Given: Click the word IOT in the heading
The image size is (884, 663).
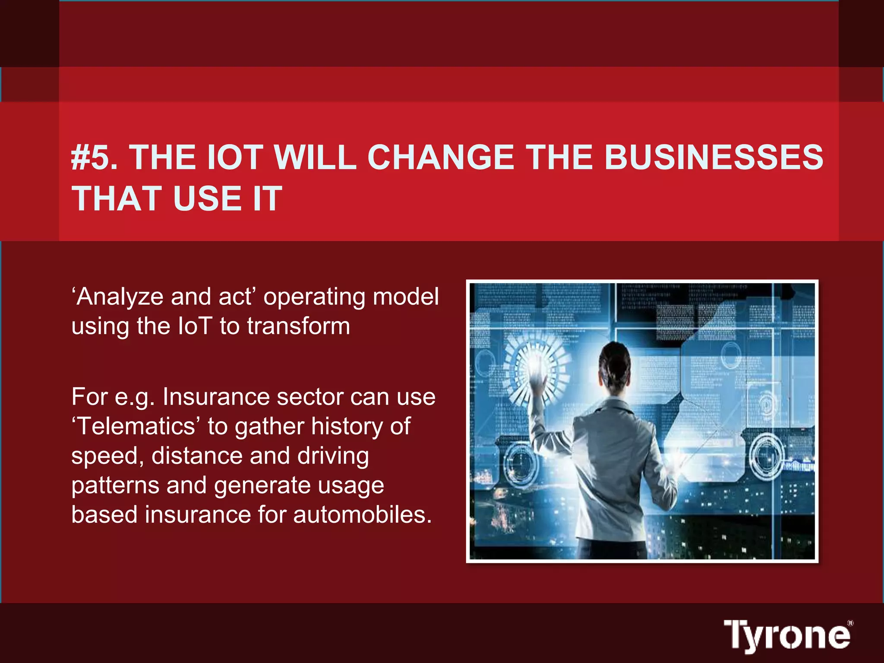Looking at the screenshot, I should [236, 157].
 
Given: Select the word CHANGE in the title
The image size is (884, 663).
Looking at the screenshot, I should [441, 157].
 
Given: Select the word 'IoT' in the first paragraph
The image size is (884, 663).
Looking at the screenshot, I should [195, 326].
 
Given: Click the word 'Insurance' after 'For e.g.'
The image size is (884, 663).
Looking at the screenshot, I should [215, 397].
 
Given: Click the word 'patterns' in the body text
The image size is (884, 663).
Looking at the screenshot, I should [115, 485].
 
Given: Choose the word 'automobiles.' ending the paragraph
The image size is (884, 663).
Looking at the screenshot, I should [362, 515].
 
